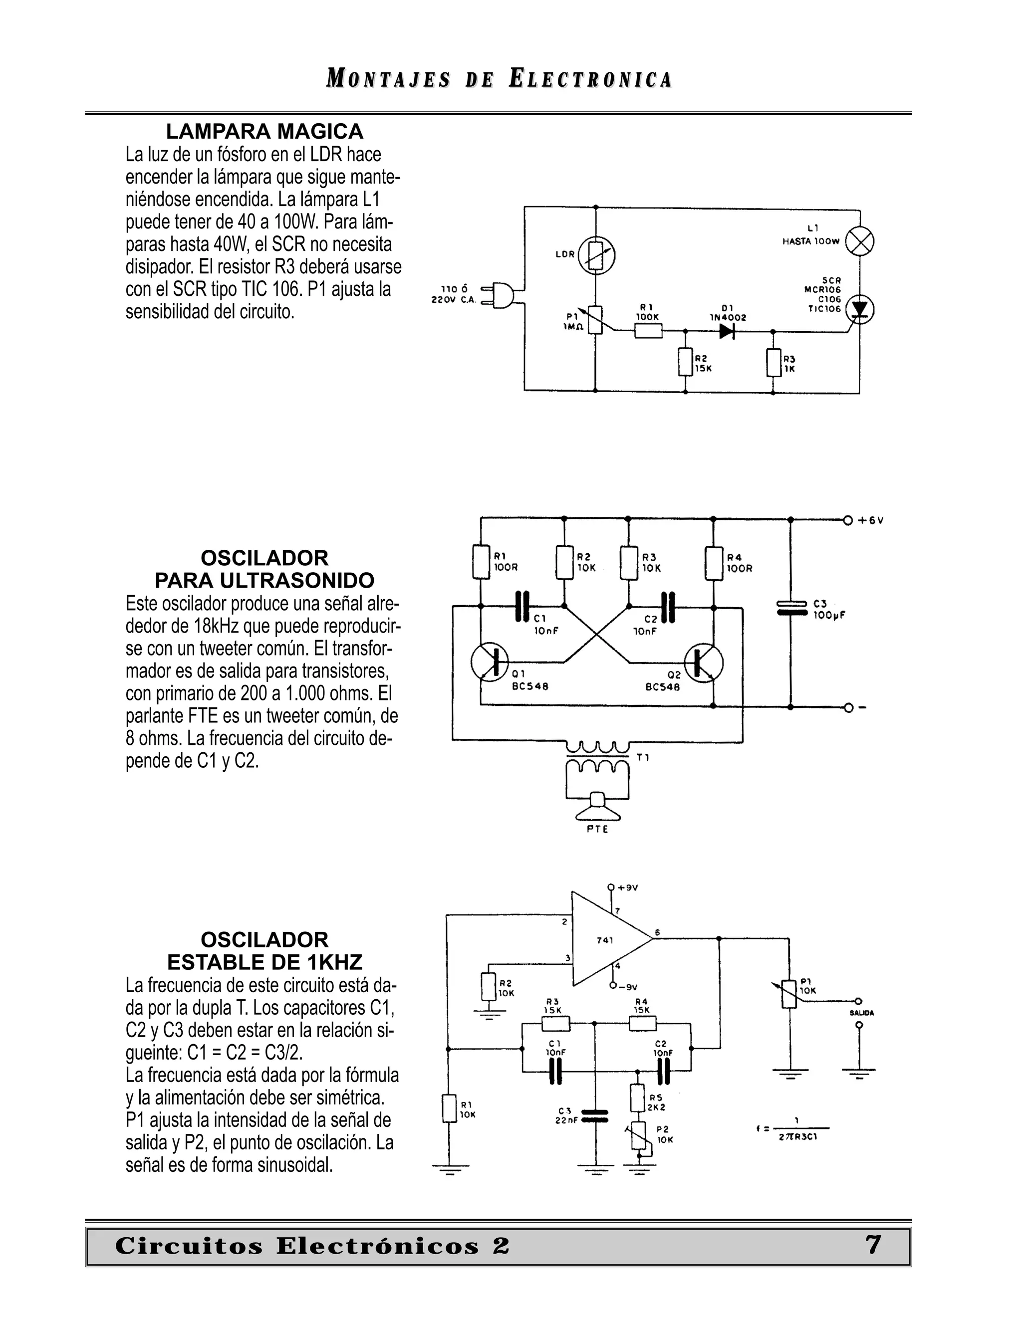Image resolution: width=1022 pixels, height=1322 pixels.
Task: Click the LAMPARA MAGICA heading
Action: [264, 131]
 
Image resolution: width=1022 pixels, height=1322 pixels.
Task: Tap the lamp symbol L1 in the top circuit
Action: [859, 242]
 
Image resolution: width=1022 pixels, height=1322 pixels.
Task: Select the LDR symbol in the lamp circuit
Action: [596, 255]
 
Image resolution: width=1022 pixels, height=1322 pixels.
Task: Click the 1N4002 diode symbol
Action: [727, 331]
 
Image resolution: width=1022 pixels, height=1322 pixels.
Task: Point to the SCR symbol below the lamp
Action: [859, 309]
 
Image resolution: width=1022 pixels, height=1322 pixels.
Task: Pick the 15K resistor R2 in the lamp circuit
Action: [685, 363]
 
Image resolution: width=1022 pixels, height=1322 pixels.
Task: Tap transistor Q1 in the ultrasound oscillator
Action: [490, 661]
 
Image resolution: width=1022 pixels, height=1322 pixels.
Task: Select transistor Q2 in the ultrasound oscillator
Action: [704, 661]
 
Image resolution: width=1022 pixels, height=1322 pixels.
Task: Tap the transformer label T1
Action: [643, 757]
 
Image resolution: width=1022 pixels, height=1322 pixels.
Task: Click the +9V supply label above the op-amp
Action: [627, 888]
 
